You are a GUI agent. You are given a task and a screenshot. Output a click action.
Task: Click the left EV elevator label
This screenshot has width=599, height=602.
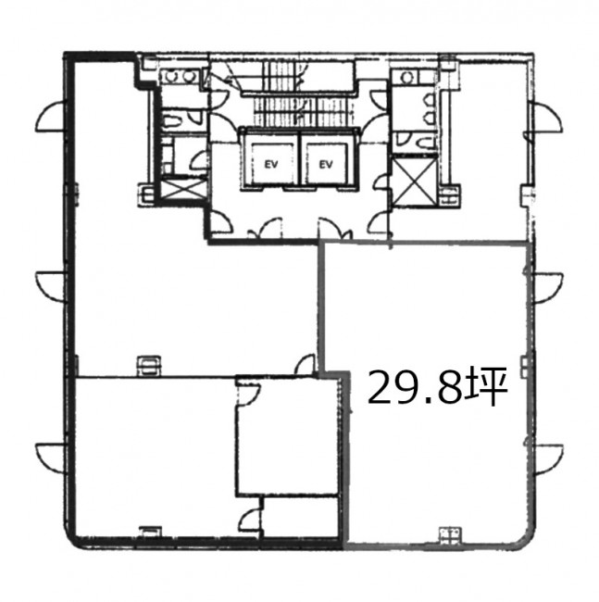[271, 164]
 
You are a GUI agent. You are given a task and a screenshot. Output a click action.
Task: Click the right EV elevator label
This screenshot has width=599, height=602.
[326, 164]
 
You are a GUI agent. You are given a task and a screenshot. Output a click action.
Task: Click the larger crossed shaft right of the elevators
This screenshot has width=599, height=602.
[415, 182]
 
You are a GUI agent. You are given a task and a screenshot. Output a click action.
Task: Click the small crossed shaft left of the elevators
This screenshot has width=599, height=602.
[182, 188]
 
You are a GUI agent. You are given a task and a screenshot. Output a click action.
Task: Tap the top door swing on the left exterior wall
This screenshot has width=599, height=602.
[49, 117]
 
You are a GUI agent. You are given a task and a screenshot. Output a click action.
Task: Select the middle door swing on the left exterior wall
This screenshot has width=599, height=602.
[50, 285]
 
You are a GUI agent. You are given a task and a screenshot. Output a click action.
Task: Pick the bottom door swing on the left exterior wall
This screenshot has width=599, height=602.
[50, 458]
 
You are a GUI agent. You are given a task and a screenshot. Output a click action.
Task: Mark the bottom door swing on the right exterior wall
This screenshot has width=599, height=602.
[548, 459]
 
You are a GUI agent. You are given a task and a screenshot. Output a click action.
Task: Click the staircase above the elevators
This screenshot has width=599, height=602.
[298, 95]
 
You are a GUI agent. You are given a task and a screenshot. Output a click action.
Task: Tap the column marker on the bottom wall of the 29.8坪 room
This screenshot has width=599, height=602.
[451, 534]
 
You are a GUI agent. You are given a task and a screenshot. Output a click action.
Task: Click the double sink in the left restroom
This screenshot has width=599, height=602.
[180, 76]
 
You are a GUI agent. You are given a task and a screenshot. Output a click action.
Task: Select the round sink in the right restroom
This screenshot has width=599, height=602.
[407, 77]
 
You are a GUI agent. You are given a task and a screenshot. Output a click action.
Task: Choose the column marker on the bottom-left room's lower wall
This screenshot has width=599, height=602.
[150, 532]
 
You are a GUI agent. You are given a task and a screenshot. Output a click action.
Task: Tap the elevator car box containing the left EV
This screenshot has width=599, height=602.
[271, 164]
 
